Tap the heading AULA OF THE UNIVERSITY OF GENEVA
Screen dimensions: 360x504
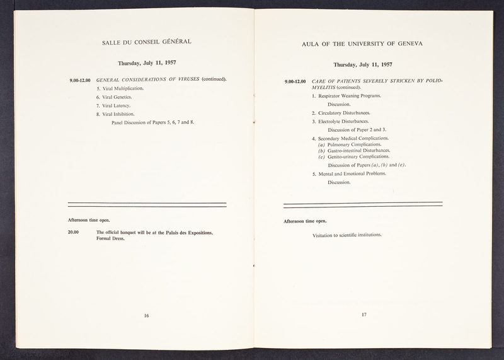[362, 44]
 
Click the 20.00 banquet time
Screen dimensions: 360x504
[74, 233]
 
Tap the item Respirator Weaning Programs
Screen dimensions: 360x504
[348, 95]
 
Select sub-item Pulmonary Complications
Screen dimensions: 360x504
[352, 144]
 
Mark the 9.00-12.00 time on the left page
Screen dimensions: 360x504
[80, 80]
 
